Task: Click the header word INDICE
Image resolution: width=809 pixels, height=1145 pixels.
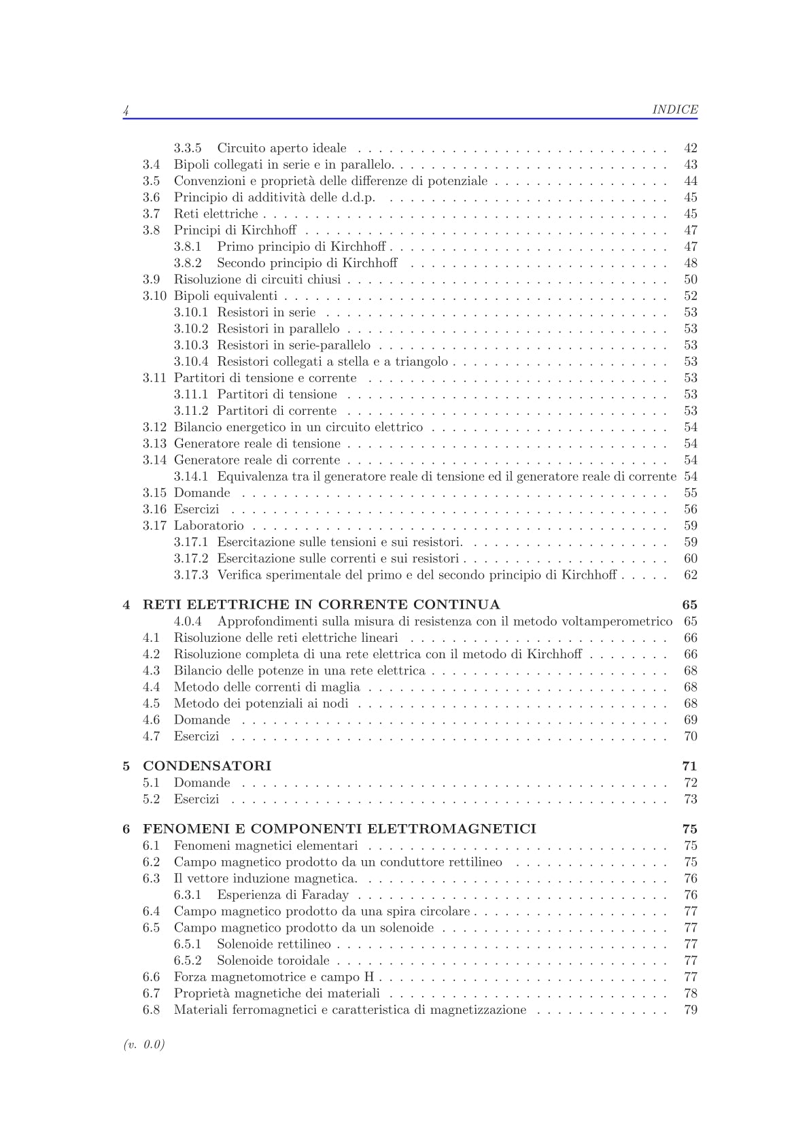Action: [674, 109]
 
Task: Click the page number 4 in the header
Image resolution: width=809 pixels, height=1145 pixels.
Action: [126, 110]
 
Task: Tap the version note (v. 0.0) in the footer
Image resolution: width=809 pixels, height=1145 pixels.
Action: [144, 1044]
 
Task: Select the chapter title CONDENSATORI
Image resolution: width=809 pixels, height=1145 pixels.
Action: [207, 766]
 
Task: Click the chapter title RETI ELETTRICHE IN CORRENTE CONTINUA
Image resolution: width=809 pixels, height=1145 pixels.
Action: [321, 604]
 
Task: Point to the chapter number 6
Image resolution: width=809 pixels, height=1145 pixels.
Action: [126, 829]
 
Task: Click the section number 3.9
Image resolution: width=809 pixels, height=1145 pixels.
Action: [151, 279]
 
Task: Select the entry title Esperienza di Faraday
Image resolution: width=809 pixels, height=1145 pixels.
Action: [283, 895]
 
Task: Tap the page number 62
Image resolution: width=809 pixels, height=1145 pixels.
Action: [690, 575]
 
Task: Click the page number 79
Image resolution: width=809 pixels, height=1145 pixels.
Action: [690, 1010]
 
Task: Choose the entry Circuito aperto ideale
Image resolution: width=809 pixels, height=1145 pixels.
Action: [281, 148]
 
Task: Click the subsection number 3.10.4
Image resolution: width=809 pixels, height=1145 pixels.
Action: [190, 362]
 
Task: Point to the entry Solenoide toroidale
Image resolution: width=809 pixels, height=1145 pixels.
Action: [273, 960]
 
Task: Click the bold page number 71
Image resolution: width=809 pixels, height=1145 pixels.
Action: [689, 766]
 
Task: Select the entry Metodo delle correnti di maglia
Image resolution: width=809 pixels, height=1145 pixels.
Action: [266, 687]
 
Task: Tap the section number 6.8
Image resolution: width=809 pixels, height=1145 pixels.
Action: [151, 1010]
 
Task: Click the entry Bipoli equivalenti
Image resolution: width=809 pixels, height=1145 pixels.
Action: [226, 296]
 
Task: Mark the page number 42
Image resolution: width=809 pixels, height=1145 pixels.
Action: [690, 148]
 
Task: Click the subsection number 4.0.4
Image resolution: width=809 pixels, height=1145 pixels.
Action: [188, 621]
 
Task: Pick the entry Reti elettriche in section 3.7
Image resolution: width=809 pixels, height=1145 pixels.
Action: [216, 214]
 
